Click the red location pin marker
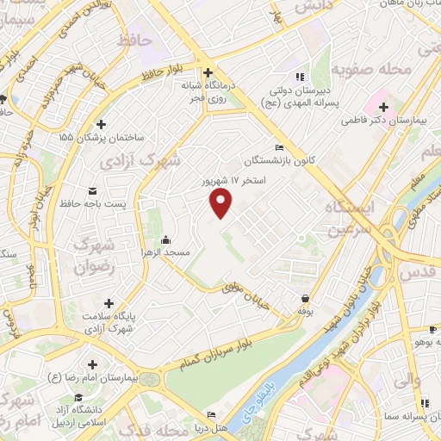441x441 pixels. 221,202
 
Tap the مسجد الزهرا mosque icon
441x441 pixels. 165,239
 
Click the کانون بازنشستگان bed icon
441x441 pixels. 277,146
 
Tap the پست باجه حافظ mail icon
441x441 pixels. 93,190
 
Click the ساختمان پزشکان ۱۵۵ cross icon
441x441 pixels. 102,124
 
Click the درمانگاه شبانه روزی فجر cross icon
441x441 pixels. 206,72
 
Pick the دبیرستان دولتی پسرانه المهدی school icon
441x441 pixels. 301,75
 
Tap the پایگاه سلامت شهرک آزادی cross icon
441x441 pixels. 109,302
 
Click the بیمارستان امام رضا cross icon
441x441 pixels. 92,363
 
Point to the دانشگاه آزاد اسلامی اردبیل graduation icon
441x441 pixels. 79,397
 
